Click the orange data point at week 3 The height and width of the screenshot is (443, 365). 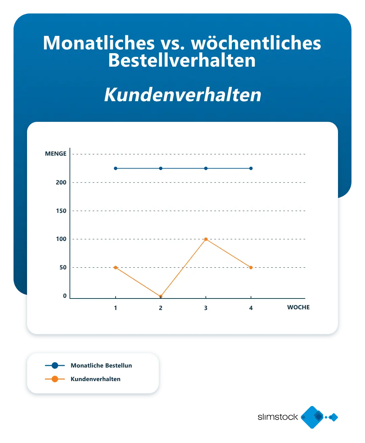coord(206,239)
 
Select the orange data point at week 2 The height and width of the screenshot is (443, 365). coord(161,296)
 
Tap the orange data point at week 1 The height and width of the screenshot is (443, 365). coord(116,267)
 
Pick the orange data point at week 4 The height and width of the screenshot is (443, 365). coord(251,267)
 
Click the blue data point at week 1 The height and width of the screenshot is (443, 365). coord(116,168)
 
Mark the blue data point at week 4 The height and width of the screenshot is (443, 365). coord(251,168)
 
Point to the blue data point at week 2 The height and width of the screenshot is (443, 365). coord(161,168)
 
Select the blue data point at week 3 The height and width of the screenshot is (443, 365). coord(206,168)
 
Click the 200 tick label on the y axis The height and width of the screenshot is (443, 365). coord(61,182)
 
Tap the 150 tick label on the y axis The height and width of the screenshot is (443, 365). coord(61,211)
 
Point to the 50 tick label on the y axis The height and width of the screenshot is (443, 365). coord(63,267)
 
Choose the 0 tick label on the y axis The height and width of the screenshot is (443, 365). coord(65,296)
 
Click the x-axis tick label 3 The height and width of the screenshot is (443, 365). coord(206,308)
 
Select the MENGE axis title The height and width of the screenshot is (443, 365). coord(56,154)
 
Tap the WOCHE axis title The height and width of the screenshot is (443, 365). coord(298,307)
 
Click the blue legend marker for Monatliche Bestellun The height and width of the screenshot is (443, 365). coord(55,366)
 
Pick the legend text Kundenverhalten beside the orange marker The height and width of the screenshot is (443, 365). coord(95,379)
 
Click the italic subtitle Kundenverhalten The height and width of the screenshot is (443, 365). coord(182,95)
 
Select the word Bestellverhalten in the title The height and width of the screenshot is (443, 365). coord(182,61)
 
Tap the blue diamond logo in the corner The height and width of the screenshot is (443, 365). coord(312,417)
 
